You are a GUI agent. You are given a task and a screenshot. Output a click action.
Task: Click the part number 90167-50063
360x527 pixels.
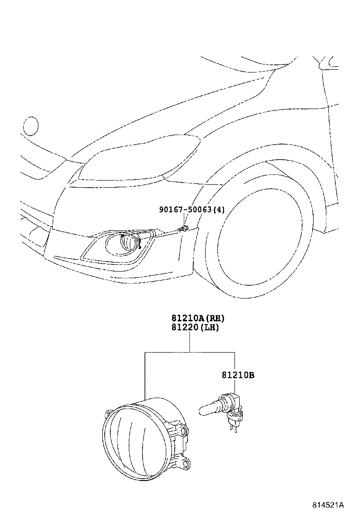(x=185, y=209)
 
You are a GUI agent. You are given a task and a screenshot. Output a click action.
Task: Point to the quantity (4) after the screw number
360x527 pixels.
(x=219, y=209)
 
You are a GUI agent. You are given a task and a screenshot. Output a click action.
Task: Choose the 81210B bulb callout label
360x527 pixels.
(x=238, y=375)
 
